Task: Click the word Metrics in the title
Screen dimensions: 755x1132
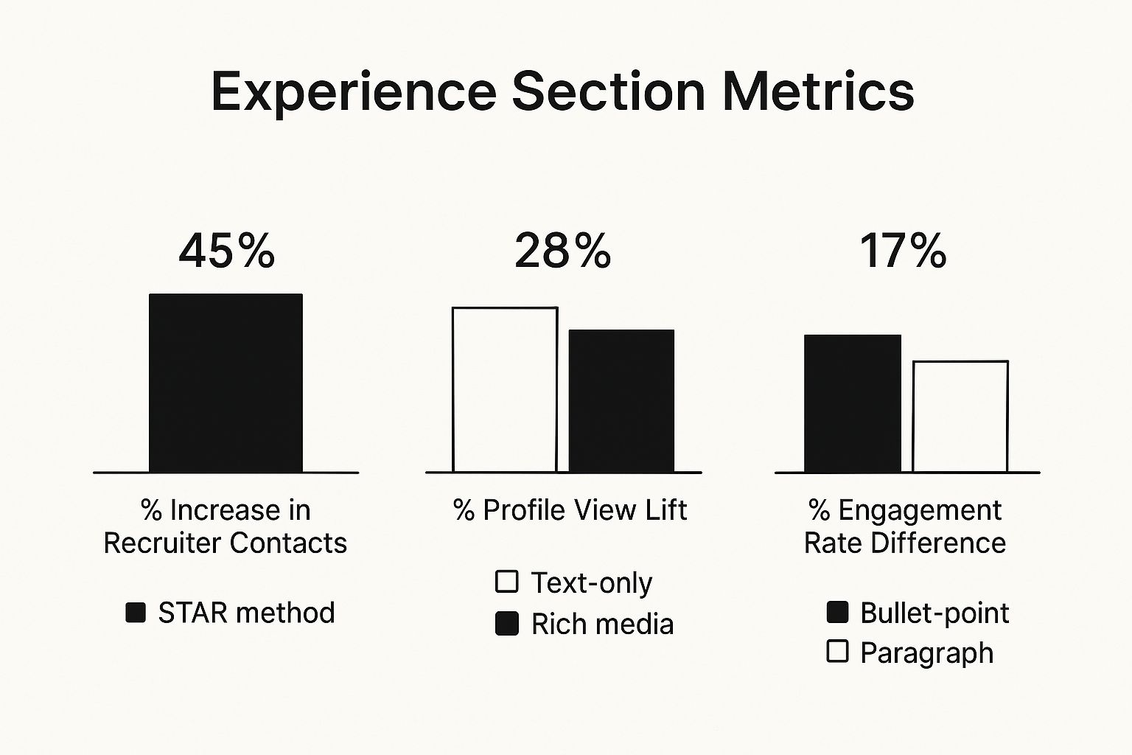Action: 818,91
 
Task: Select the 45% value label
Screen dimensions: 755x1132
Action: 226,251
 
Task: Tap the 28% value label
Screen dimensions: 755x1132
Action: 562,251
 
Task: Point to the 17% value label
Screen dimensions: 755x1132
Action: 903,251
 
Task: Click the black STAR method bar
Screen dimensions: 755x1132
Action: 226,383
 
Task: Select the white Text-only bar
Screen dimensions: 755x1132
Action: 505,389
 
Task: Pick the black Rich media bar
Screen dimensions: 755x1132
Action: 621,400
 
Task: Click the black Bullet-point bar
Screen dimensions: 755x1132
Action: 852,403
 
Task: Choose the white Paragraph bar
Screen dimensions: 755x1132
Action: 960,417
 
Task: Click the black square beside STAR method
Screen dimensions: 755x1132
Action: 136,613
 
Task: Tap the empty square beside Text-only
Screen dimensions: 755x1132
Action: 507,582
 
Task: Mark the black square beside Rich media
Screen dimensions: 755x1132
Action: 507,624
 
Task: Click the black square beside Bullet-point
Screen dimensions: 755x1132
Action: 837,612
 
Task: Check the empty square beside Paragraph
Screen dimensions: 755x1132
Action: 837,652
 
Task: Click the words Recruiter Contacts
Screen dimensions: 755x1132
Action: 225,543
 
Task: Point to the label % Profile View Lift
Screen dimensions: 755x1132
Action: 570,510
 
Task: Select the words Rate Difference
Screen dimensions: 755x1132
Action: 904,543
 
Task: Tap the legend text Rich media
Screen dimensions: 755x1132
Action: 602,624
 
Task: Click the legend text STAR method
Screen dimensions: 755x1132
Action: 246,613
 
